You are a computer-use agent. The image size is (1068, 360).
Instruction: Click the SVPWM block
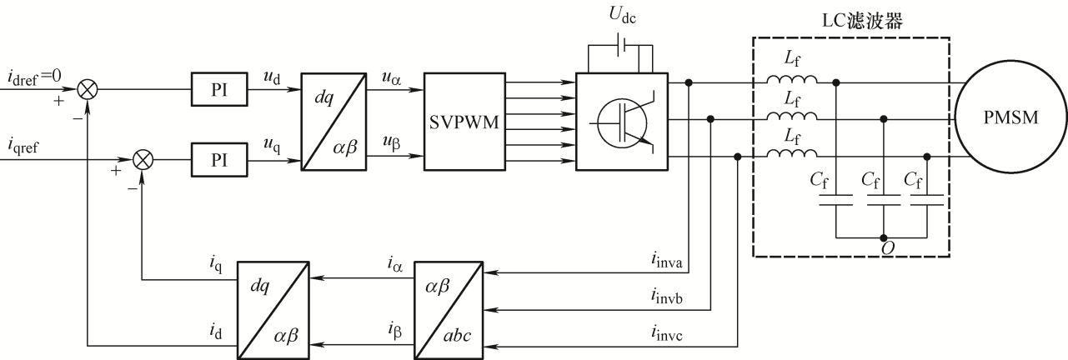[x=464, y=122]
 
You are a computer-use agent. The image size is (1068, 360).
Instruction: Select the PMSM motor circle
[x=1010, y=117]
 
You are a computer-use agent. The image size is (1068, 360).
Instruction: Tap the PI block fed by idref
[x=219, y=89]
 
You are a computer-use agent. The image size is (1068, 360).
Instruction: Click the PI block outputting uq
[x=219, y=160]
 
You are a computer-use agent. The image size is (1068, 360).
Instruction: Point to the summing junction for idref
[x=88, y=89]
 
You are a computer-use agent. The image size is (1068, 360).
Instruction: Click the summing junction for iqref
[x=142, y=160]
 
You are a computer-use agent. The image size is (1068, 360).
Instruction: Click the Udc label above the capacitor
[x=622, y=15]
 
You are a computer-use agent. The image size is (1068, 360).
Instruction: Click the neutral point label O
[x=888, y=248]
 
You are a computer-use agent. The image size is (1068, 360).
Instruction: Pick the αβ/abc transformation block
[x=449, y=310]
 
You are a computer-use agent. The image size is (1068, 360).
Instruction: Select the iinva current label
[x=666, y=260]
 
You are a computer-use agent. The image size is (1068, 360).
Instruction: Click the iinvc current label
[x=666, y=333]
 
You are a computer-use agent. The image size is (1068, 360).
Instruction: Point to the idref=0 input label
[x=34, y=77]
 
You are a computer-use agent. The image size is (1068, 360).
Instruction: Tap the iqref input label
[x=23, y=146]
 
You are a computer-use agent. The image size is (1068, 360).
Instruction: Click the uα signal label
[x=391, y=77]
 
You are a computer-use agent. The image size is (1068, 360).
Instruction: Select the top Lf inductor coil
[x=791, y=79]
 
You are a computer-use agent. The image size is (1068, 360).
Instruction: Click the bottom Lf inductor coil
[x=791, y=152]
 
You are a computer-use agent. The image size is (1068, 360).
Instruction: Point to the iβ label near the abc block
[x=395, y=331]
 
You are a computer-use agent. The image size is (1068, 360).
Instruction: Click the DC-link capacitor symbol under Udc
[x=621, y=45]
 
